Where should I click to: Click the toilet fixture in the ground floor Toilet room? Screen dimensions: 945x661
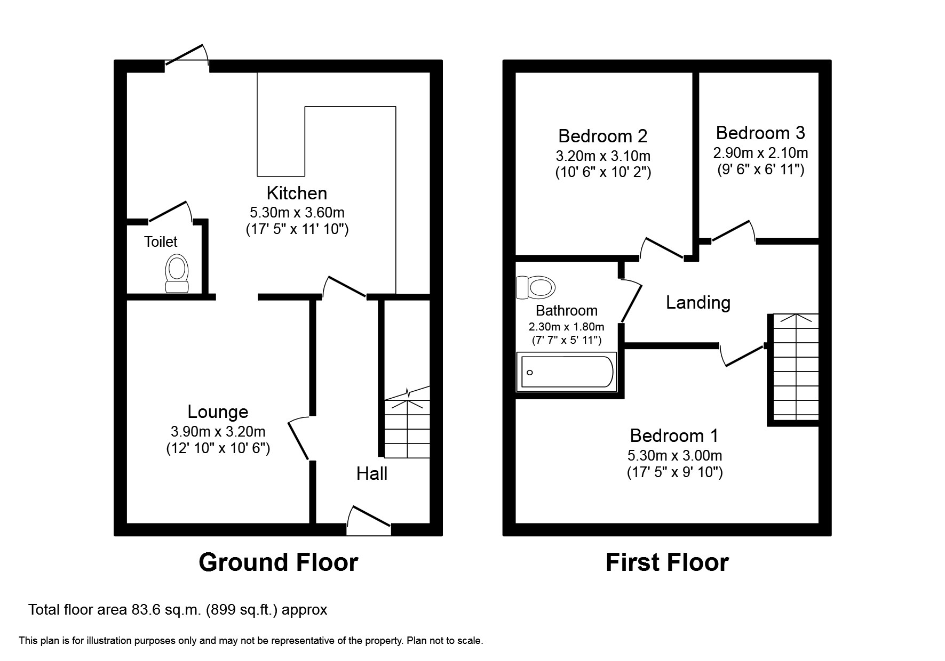pyautogui.click(x=177, y=273)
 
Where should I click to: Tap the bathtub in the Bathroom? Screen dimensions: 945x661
pyautogui.click(x=567, y=372)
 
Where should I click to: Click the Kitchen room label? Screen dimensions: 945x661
pyautogui.click(x=297, y=192)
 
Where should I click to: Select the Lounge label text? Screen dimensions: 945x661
pyautogui.click(x=218, y=412)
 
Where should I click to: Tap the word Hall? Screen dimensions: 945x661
pyautogui.click(x=372, y=473)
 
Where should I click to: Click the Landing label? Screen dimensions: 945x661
pyautogui.click(x=698, y=302)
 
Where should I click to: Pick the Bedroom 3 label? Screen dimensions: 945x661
pyautogui.click(x=760, y=133)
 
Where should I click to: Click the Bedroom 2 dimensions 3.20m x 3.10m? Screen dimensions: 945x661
pyautogui.click(x=603, y=156)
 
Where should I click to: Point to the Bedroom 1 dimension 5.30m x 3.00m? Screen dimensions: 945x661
pyautogui.click(x=674, y=456)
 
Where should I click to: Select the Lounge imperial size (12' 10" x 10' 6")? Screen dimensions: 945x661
pyautogui.click(x=218, y=448)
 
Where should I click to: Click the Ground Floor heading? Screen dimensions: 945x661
pyautogui.click(x=278, y=562)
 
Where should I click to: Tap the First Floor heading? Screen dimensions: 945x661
pyautogui.click(x=667, y=562)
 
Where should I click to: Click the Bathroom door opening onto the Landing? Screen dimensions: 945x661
pyautogui.click(x=631, y=302)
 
